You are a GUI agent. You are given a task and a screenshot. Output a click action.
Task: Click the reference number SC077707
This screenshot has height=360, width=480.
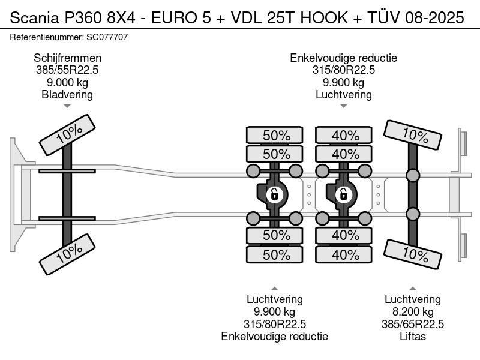click(107, 37)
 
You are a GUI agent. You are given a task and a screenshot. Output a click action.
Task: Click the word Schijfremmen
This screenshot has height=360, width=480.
click(67, 58)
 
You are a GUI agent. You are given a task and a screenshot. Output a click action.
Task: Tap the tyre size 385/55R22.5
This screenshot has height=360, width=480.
click(67, 70)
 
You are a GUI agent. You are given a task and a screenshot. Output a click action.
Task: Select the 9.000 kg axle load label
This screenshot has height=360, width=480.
click(67, 82)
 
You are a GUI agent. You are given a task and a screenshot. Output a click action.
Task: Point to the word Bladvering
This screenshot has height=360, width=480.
click(67, 95)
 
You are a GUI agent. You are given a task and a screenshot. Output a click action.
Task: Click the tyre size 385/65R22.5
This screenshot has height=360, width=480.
click(413, 324)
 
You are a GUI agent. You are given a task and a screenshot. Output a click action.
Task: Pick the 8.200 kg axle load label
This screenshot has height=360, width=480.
click(413, 312)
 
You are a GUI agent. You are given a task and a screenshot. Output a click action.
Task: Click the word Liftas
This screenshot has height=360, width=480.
click(413, 337)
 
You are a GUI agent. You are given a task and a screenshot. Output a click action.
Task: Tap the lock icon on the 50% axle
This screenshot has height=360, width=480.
click(274, 194)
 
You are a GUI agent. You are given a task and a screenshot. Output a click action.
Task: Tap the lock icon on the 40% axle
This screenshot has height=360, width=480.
click(343, 194)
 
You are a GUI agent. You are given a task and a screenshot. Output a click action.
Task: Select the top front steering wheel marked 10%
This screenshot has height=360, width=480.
click(67, 134)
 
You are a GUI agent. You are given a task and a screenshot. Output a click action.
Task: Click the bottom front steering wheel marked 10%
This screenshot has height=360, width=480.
click(67, 254)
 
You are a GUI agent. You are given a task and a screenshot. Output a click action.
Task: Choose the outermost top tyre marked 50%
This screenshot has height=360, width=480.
click(275, 135)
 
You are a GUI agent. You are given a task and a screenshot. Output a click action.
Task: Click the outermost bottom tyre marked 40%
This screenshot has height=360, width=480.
click(344, 254)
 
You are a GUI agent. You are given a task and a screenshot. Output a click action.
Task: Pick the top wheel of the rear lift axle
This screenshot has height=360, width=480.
click(413, 135)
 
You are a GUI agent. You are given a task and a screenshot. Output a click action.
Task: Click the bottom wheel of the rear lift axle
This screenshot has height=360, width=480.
click(413, 254)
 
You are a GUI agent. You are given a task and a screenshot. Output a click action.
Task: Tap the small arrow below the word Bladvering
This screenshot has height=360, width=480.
click(67, 106)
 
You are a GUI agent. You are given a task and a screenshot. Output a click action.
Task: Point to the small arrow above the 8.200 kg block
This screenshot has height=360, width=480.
click(413, 289)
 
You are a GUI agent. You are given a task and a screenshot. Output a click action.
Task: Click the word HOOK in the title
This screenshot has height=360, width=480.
click(324, 17)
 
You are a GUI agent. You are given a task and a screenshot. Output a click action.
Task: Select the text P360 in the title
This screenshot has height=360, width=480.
click(82, 17)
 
